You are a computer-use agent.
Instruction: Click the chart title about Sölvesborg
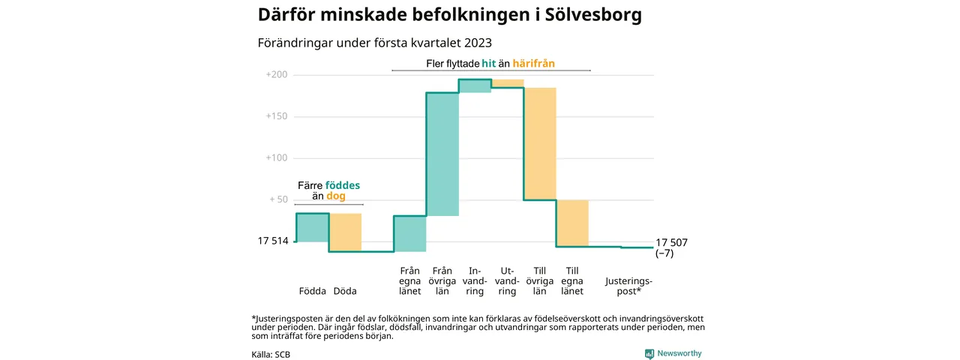(449, 15)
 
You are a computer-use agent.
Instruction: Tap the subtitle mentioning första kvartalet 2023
(374, 43)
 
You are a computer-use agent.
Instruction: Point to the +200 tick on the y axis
(277, 75)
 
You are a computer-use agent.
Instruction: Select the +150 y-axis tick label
(277, 117)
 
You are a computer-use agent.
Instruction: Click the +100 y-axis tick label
(277, 158)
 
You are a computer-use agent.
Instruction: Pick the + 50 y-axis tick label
(278, 199)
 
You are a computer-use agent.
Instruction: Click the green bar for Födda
(312, 228)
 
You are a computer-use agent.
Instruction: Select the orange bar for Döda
(345, 232)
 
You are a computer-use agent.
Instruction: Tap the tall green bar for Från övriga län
(442, 154)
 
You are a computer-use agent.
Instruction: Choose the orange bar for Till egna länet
(572, 223)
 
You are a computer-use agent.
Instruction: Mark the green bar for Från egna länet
(410, 233)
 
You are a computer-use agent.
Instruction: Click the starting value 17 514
(273, 241)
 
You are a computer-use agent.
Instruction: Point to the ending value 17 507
(671, 242)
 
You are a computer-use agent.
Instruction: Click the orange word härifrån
(534, 64)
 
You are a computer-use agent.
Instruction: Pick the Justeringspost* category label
(628, 286)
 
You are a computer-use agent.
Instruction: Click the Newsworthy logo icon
(649, 354)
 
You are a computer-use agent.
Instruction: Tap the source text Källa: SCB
(271, 354)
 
